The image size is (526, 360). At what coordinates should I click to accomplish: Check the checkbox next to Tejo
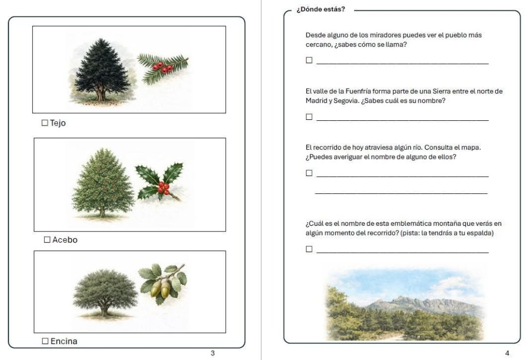45,123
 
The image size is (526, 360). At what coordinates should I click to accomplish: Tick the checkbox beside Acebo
47,240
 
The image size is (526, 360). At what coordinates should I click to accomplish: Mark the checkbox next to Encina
45,341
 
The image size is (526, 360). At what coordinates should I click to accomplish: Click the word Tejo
58,123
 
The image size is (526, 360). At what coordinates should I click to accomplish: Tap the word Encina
64,341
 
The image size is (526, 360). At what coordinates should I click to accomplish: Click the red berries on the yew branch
162,67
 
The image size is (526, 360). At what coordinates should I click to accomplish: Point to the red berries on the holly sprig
163,188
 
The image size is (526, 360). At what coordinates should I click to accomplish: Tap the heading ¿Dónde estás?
320,9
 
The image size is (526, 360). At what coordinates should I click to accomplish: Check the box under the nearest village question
309,60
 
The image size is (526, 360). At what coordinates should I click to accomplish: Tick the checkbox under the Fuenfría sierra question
309,117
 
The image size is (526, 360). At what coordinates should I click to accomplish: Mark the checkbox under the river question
309,173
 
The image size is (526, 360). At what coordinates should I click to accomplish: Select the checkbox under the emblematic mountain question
309,249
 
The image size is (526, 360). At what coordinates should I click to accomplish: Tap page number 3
213,353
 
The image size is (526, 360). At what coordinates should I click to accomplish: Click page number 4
507,353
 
